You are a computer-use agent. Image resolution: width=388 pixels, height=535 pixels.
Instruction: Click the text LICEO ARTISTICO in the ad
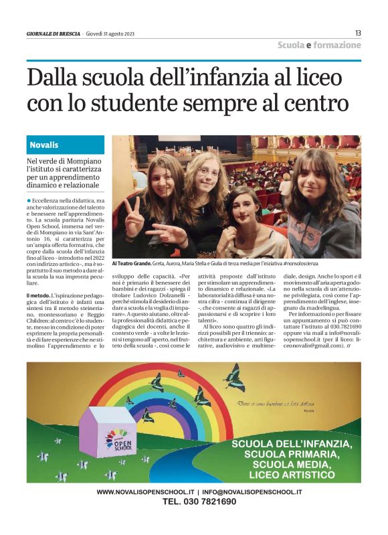click(x=289, y=475)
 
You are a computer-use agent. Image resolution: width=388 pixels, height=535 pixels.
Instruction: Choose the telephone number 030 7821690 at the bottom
click(x=199, y=502)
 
